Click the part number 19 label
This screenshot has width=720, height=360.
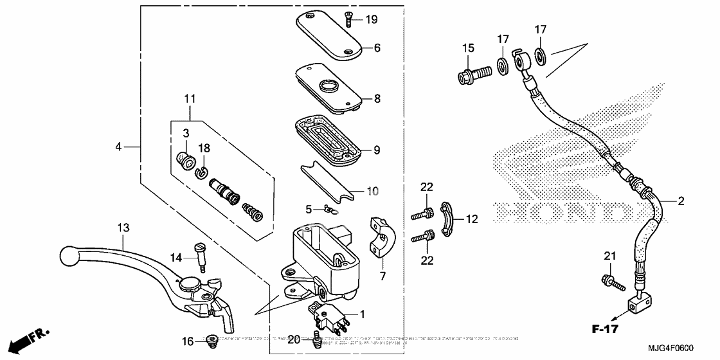click(372, 19)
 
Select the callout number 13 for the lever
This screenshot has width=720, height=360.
click(123, 227)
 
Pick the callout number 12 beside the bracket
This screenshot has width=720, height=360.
click(473, 219)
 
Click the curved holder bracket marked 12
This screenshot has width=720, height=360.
click(447, 219)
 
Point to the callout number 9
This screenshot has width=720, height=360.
click(376, 150)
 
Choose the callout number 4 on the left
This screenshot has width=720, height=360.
click(118, 147)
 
